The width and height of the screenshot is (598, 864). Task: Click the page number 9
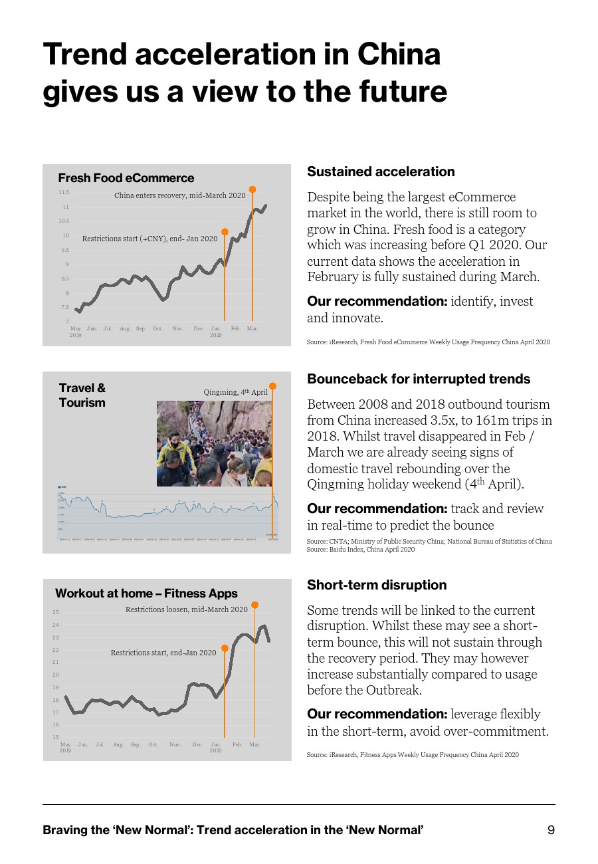(x=551, y=830)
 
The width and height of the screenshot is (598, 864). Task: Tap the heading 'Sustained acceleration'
(x=381, y=171)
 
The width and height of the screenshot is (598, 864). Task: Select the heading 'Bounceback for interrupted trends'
(x=419, y=379)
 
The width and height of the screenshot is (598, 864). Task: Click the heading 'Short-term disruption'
(x=377, y=585)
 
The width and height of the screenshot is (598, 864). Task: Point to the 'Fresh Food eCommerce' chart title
(x=126, y=178)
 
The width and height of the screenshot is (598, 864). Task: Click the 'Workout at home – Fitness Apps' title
(x=146, y=593)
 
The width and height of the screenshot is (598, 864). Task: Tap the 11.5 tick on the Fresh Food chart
(x=64, y=192)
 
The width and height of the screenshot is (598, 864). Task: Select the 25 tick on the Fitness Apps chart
(x=56, y=612)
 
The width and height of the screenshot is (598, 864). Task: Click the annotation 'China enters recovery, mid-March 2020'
(x=179, y=195)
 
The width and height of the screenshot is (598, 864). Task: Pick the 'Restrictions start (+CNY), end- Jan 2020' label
(x=149, y=238)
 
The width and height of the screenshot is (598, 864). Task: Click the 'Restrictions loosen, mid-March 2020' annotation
(x=186, y=609)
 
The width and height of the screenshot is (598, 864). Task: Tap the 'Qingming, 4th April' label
(x=235, y=392)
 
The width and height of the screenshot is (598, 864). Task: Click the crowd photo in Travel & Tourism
(x=214, y=443)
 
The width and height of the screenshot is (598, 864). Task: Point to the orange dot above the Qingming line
(x=272, y=385)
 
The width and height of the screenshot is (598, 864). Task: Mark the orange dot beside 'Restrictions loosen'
(x=254, y=605)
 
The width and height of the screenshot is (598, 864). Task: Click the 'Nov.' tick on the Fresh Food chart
(x=178, y=329)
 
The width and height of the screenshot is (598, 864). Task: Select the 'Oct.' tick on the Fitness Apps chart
(x=153, y=744)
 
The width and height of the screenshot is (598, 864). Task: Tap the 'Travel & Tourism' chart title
(x=82, y=395)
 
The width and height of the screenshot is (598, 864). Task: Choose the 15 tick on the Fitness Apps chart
(x=56, y=737)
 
